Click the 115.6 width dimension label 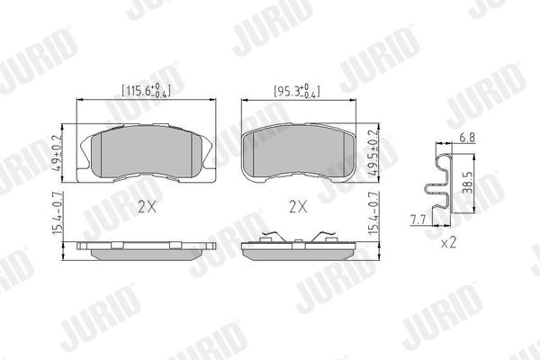(x=146, y=90)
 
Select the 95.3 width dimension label (x=296, y=91)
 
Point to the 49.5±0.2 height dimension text (x=373, y=153)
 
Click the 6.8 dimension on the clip (x=467, y=138)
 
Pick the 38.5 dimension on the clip (x=468, y=182)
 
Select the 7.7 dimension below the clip (x=418, y=220)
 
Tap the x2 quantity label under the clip (x=449, y=243)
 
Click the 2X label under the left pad (x=147, y=207)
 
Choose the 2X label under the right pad (x=298, y=207)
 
